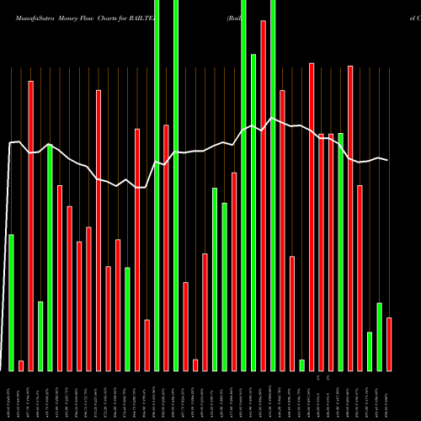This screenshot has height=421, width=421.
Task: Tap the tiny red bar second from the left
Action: point(21,365)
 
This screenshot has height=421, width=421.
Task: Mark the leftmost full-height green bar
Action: point(157,185)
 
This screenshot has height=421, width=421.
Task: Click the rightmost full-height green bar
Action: point(273,185)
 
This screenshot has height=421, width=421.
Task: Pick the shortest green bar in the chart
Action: point(302,365)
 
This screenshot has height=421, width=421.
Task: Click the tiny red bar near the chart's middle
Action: point(195,365)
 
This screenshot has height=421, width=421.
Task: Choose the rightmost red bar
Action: point(389,344)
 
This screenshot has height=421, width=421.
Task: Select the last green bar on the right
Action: point(380,336)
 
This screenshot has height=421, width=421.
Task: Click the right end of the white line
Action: point(388,160)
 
